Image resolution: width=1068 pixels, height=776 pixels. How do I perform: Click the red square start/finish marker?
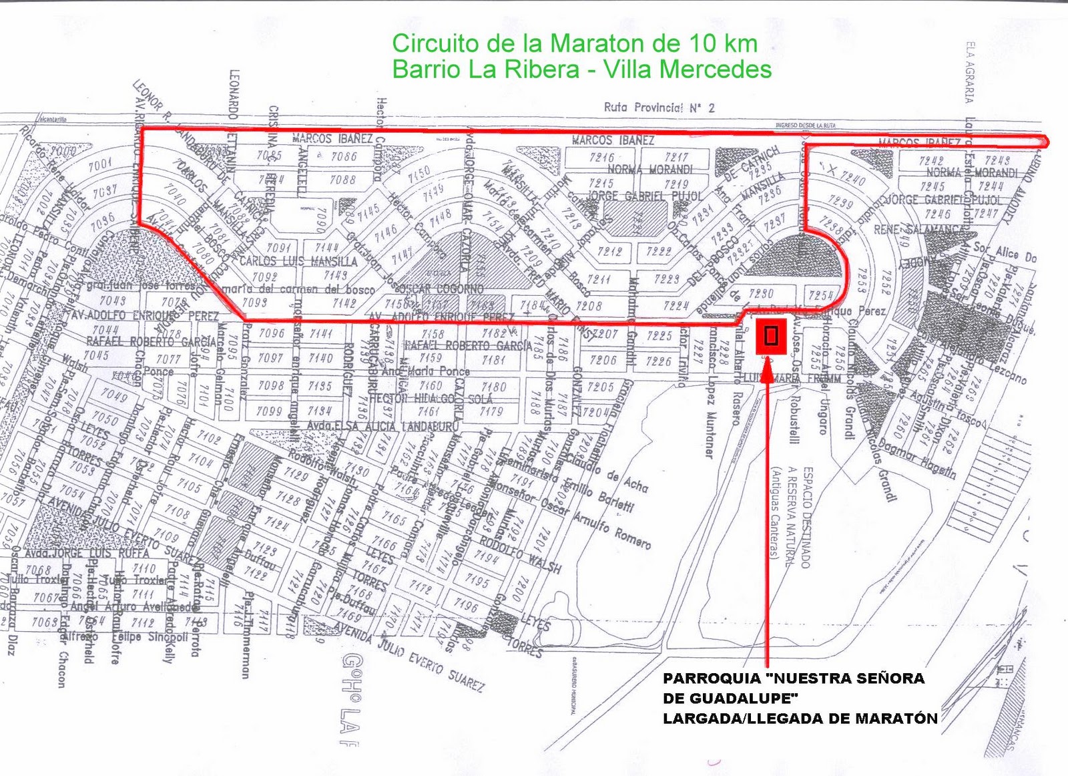(x=771, y=336)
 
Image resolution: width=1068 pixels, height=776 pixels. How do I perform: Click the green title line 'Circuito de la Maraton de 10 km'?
(x=574, y=43)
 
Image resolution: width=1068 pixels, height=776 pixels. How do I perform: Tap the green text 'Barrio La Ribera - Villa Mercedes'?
(x=581, y=69)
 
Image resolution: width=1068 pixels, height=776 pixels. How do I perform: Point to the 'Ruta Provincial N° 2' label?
(x=659, y=108)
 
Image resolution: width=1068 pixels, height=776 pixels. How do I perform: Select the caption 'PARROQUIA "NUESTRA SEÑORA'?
(x=794, y=678)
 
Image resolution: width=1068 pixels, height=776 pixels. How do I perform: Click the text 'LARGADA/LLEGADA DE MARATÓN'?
(x=800, y=719)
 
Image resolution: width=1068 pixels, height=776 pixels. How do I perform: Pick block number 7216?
(x=601, y=158)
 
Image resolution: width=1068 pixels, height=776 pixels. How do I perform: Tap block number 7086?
(x=344, y=156)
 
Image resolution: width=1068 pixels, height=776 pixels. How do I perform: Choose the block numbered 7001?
(x=100, y=164)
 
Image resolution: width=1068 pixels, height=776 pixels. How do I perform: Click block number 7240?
(x=853, y=179)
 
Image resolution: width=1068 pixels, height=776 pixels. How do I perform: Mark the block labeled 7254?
(x=820, y=295)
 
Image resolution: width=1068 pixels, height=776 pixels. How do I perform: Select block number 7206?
(x=603, y=360)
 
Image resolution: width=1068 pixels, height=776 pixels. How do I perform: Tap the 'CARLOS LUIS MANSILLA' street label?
(x=298, y=261)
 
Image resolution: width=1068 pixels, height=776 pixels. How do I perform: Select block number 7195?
(x=477, y=580)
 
